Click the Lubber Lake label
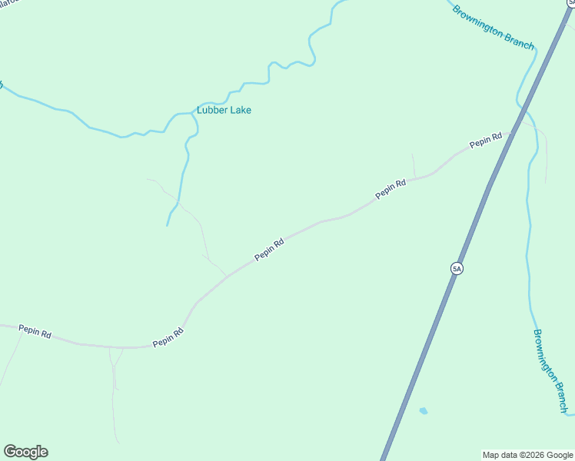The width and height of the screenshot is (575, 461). (224, 110)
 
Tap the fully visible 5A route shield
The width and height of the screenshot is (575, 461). (457, 268)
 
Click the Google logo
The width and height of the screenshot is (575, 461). (25, 452)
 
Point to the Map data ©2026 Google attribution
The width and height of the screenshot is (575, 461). (527, 455)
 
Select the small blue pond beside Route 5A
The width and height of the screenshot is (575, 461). (423, 411)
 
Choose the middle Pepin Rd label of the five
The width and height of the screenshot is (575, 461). (270, 248)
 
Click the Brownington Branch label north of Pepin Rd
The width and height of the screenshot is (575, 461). (493, 28)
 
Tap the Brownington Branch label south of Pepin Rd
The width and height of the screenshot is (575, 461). (553, 370)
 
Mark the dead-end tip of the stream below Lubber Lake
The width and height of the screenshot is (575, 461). (168, 225)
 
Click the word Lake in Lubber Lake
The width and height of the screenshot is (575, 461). (241, 110)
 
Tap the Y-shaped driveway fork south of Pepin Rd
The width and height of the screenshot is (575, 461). (114, 365)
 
